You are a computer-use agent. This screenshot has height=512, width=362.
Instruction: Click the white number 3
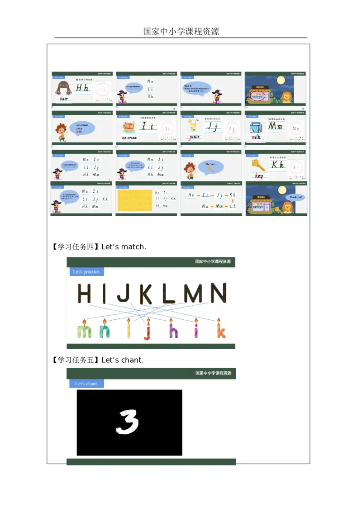(127, 422)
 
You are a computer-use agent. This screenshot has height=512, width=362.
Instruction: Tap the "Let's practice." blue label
(87, 272)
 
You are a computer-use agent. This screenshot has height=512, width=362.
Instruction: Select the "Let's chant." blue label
(86, 384)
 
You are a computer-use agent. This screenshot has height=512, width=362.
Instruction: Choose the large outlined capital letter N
(215, 294)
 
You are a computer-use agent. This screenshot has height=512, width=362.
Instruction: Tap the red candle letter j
(148, 332)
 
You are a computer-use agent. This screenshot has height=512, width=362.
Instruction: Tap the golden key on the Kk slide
(259, 165)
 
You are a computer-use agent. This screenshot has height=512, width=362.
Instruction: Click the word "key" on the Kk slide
(259, 176)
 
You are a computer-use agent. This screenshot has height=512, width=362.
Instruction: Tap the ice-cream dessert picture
(129, 127)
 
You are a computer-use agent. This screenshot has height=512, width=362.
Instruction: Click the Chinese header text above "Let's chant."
(213, 373)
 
